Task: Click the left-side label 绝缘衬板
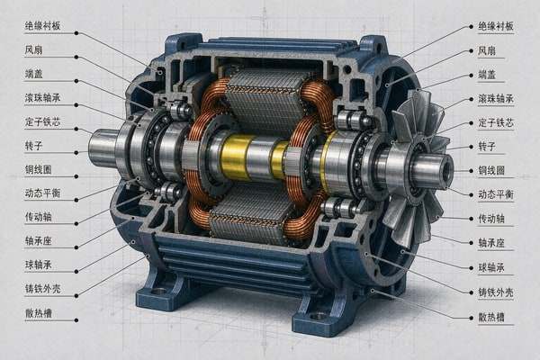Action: point(42,26)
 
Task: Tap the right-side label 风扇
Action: point(487,51)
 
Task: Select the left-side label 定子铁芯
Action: point(42,122)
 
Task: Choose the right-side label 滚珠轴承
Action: point(496,99)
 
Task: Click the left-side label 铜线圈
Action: point(38,170)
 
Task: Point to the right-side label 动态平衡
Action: point(496,194)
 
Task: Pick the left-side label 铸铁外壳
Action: point(42,289)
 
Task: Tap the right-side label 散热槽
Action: point(491,318)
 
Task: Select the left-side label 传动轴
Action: point(38,217)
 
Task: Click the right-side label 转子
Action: point(487,147)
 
